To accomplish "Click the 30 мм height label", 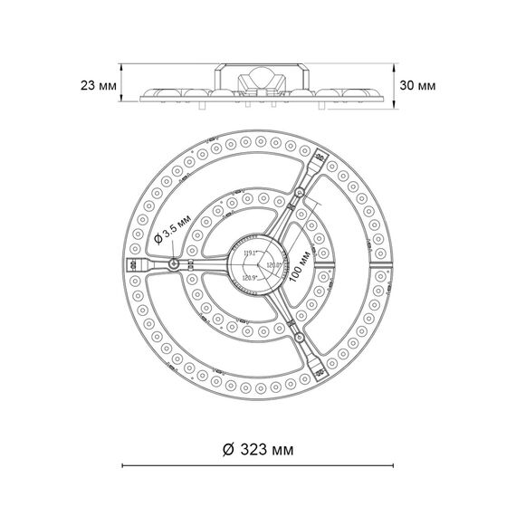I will [416, 85].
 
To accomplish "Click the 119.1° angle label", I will [249, 253].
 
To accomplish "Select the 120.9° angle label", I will [250, 277].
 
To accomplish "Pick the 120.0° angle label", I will [271, 266].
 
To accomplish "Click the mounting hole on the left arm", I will [172, 263].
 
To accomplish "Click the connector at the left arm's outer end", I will [133, 263].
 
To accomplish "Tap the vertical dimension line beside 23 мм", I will [122, 87].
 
